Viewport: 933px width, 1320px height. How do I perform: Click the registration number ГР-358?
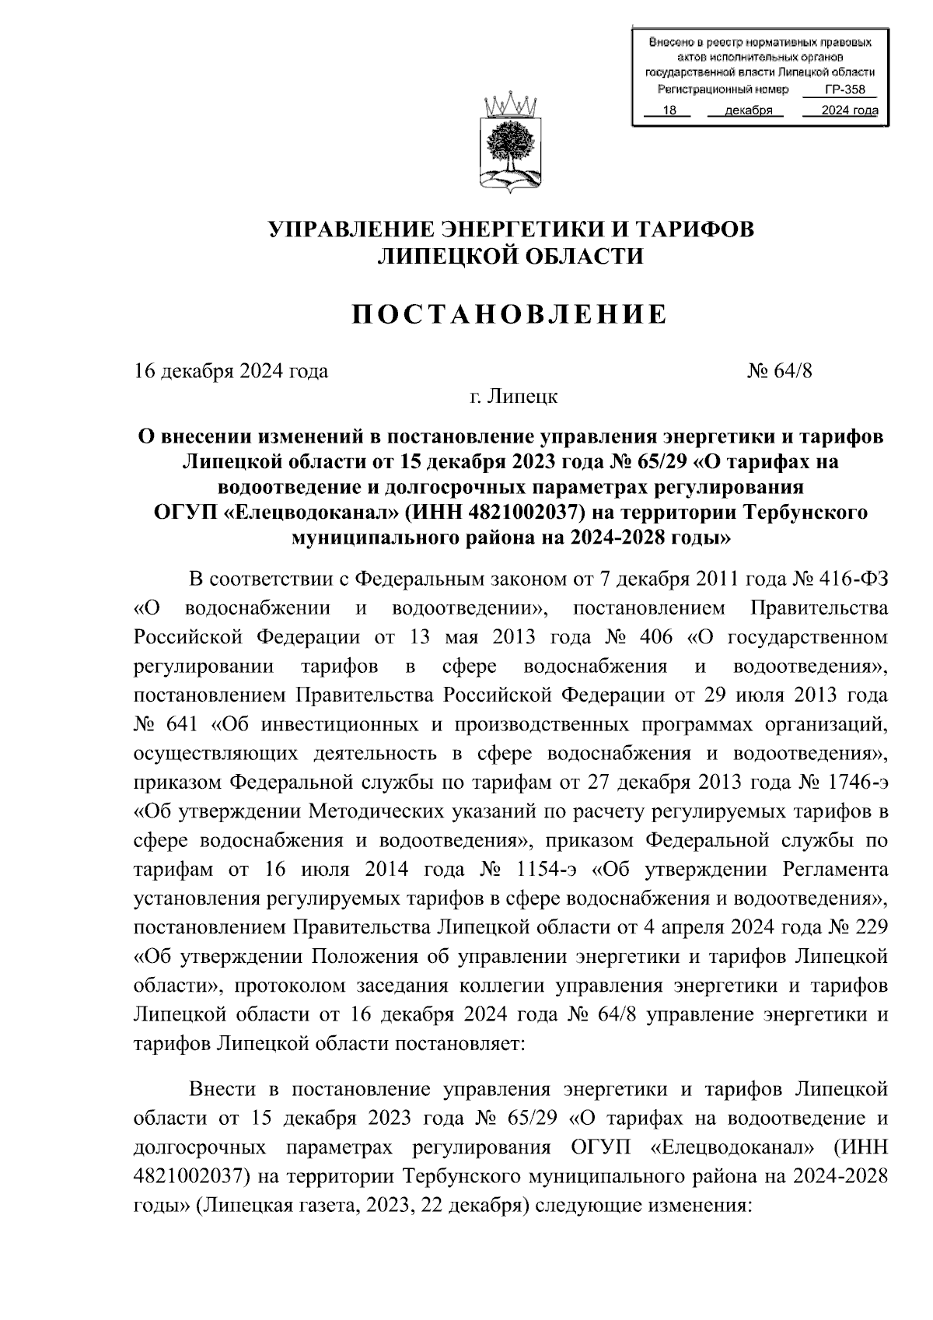844,90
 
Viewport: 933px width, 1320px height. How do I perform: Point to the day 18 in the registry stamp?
666,110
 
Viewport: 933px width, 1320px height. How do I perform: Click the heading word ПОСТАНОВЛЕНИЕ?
510,314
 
